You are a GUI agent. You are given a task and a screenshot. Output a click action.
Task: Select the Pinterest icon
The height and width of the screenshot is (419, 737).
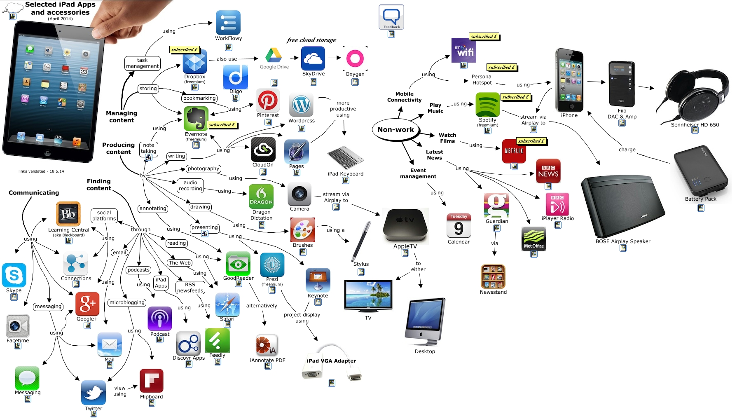pos(268,101)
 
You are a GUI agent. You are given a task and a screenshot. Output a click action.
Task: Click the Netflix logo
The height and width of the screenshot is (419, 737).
pos(514,151)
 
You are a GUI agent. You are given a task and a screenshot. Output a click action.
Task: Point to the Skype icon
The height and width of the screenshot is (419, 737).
pos(14,275)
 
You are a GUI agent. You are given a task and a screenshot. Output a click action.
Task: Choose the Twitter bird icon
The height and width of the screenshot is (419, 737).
pos(94,393)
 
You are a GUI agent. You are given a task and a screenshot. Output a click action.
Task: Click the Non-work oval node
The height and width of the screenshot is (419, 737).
pos(395,130)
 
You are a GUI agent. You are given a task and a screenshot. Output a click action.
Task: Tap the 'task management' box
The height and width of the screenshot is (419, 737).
pos(142,63)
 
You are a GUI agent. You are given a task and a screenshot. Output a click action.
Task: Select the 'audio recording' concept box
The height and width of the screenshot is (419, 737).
pos(190,185)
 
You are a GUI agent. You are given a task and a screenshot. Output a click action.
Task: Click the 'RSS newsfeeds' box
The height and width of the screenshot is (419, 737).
pos(190,288)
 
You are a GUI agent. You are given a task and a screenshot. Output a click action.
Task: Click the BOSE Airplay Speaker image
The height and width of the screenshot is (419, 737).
pos(622,206)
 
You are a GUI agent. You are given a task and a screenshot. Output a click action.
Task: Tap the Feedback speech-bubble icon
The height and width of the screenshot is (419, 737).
pos(391,17)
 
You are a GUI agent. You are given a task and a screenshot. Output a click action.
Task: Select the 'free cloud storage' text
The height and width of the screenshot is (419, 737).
pos(311,40)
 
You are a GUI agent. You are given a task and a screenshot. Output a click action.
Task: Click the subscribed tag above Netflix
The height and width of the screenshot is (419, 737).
pos(531,141)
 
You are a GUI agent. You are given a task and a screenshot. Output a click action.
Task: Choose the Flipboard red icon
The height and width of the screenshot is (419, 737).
pos(152,381)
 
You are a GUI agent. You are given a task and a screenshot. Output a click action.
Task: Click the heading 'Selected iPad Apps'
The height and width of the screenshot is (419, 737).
pos(60,5)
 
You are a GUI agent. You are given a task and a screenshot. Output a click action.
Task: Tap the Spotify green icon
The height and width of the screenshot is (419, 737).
pos(488,105)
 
